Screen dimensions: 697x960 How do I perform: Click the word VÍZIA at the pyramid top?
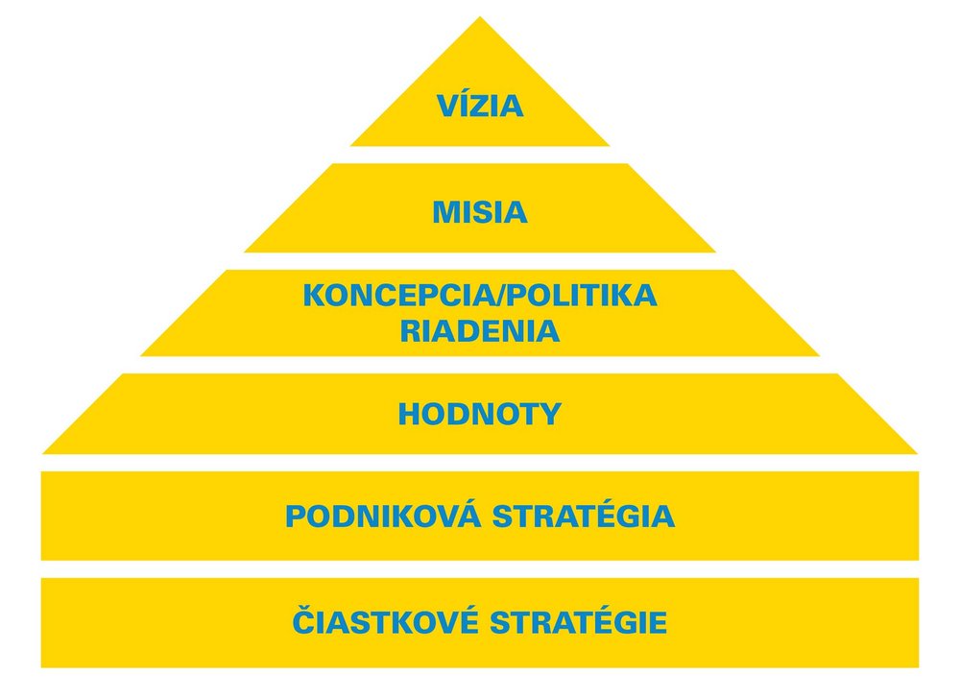[x=479, y=106]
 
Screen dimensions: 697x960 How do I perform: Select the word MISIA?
[x=479, y=212]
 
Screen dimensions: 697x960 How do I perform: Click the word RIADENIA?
[x=479, y=332]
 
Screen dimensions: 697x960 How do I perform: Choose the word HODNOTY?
[x=479, y=415]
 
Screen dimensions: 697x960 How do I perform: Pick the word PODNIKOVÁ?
[x=384, y=517]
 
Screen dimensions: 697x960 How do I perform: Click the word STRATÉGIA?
[x=585, y=517]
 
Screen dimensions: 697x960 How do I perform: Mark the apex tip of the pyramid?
[x=480, y=18]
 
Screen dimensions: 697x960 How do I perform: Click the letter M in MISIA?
[x=444, y=212]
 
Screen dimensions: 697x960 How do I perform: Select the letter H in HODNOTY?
[x=408, y=415]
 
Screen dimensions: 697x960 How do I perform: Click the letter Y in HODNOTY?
[x=551, y=415]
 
